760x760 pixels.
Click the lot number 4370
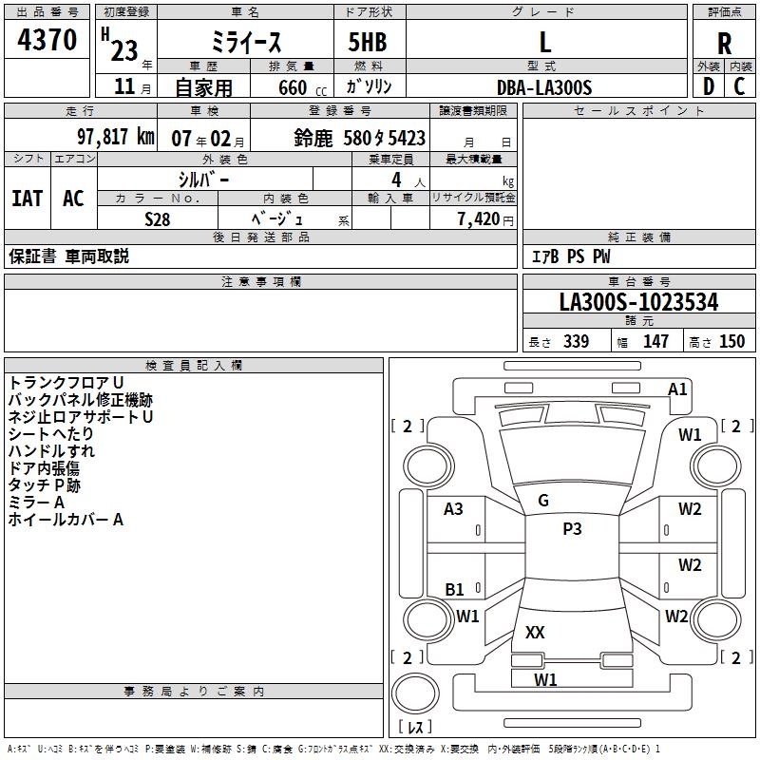(47, 41)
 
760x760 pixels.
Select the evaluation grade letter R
(724, 43)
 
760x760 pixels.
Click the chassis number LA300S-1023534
(638, 303)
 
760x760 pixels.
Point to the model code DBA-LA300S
(544, 87)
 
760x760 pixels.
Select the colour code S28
(159, 218)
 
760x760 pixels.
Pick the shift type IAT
(28, 199)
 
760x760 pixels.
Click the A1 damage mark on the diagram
(677, 389)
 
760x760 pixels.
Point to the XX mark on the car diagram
(535, 632)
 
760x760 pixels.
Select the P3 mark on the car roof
(572, 529)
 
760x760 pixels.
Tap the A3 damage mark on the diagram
(454, 509)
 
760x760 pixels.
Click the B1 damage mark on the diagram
(455, 590)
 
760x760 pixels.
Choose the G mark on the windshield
(543, 501)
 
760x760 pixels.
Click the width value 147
(655, 342)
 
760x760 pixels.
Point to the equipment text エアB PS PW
(570, 256)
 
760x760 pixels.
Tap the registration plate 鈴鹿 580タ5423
(360, 138)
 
